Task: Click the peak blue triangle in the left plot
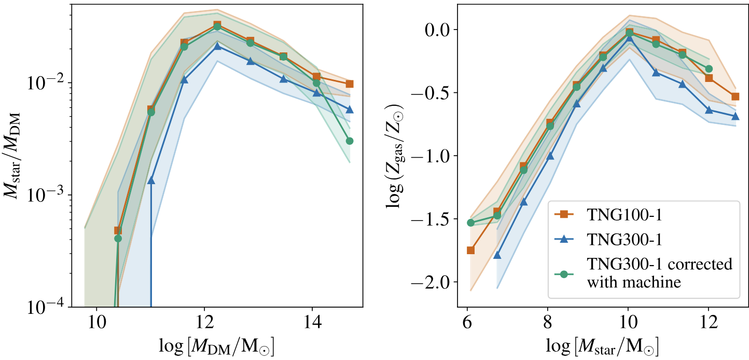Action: coord(218,46)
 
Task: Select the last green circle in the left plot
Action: coord(350,141)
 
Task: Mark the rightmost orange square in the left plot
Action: coord(350,84)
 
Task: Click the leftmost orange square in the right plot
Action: coord(470,250)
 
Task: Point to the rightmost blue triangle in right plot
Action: coord(735,116)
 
